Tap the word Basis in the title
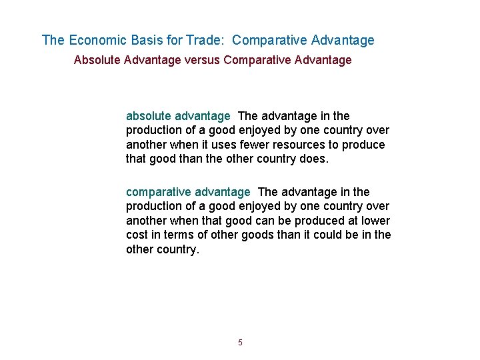[x=147, y=41]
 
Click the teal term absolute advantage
[x=178, y=116]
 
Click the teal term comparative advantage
[x=188, y=193]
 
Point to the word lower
[x=375, y=221]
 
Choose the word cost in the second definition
[x=137, y=235]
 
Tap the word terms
[x=175, y=235]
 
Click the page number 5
[x=240, y=343]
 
